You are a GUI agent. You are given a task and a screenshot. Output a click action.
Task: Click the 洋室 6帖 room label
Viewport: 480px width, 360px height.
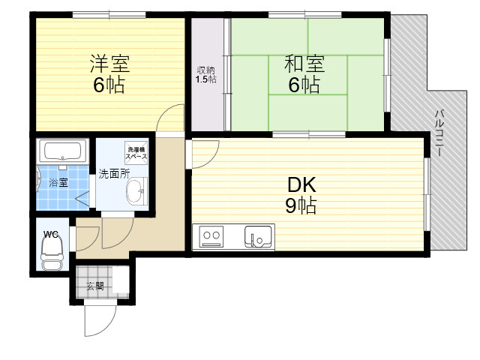[x=109, y=73]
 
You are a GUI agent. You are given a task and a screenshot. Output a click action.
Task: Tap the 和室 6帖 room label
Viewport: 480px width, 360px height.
[x=304, y=73]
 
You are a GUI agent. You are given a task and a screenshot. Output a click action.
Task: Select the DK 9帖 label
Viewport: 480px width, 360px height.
[x=301, y=195]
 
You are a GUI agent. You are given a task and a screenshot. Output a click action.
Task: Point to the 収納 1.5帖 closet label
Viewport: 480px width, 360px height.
[x=206, y=75]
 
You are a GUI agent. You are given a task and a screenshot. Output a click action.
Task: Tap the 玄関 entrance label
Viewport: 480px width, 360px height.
[x=95, y=286]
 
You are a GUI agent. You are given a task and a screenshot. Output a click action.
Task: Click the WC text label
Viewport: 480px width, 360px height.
[x=51, y=235]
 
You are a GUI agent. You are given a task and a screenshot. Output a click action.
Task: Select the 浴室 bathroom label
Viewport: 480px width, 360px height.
[x=58, y=183]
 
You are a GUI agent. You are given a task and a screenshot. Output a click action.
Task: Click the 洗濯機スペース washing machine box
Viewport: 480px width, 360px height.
[x=136, y=153]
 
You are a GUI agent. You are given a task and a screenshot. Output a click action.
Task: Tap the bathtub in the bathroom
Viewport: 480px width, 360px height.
[x=63, y=151]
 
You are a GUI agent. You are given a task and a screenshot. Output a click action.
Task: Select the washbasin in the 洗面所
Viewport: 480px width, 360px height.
[x=136, y=191]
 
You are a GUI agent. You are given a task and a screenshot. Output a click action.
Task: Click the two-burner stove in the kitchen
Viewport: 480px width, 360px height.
[x=211, y=236]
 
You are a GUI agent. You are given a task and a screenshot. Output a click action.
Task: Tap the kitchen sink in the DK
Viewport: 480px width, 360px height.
[x=258, y=237]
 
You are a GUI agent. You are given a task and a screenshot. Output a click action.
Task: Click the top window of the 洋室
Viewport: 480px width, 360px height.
[x=109, y=15]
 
